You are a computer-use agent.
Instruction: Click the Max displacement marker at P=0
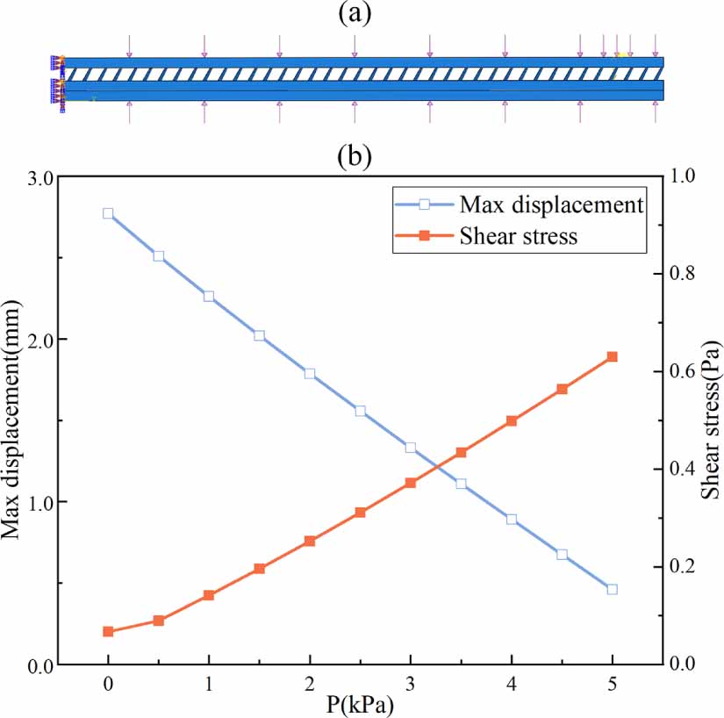(108, 213)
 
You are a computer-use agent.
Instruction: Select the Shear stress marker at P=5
(613, 356)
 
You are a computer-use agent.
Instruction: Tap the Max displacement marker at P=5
(613, 589)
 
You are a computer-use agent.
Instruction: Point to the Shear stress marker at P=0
(108, 631)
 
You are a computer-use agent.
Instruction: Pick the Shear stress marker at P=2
(310, 541)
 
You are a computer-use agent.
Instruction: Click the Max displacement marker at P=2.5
(360, 411)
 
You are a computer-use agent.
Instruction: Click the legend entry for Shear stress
(519, 235)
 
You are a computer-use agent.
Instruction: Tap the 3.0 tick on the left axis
(39, 176)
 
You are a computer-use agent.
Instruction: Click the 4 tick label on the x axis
(512, 683)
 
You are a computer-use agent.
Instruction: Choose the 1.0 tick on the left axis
(39, 502)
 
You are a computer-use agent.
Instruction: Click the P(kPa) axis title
(361, 704)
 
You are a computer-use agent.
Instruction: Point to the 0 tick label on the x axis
(108, 683)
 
